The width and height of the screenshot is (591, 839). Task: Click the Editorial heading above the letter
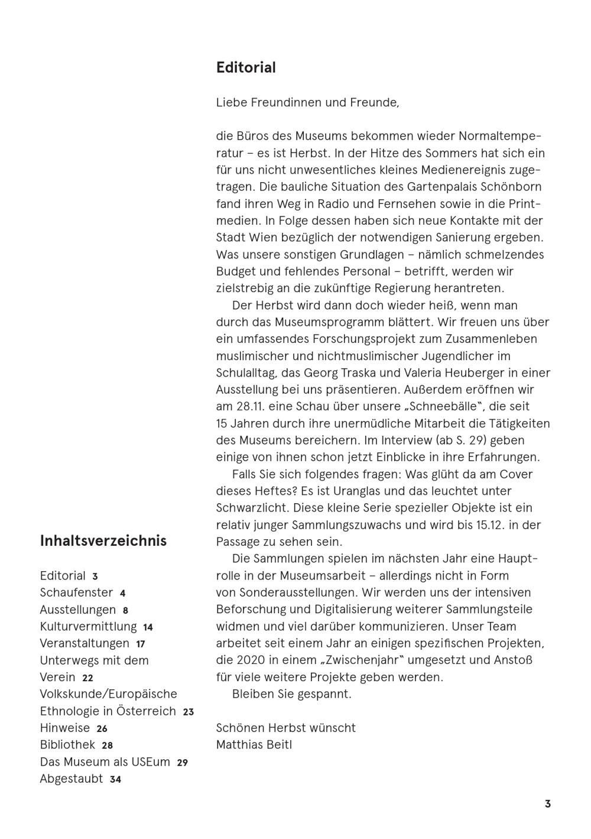click(x=246, y=67)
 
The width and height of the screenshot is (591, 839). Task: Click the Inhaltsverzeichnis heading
click(x=103, y=540)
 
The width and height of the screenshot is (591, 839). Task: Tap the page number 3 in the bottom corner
click(x=548, y=804)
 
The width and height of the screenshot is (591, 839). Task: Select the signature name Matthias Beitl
click(x=254, y=744)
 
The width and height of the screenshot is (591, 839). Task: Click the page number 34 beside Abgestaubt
click(x=115, y=779)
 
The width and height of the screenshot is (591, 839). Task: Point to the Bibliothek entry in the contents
click(x=67, y=745)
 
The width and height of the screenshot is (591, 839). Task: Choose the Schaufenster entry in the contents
click(x=76, y=592)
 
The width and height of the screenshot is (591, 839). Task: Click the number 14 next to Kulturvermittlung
click(x=148, y=627)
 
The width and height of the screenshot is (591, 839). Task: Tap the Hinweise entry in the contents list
click(x=65, y=728)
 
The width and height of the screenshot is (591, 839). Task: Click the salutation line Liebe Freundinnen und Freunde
click(x=307, y=102)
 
